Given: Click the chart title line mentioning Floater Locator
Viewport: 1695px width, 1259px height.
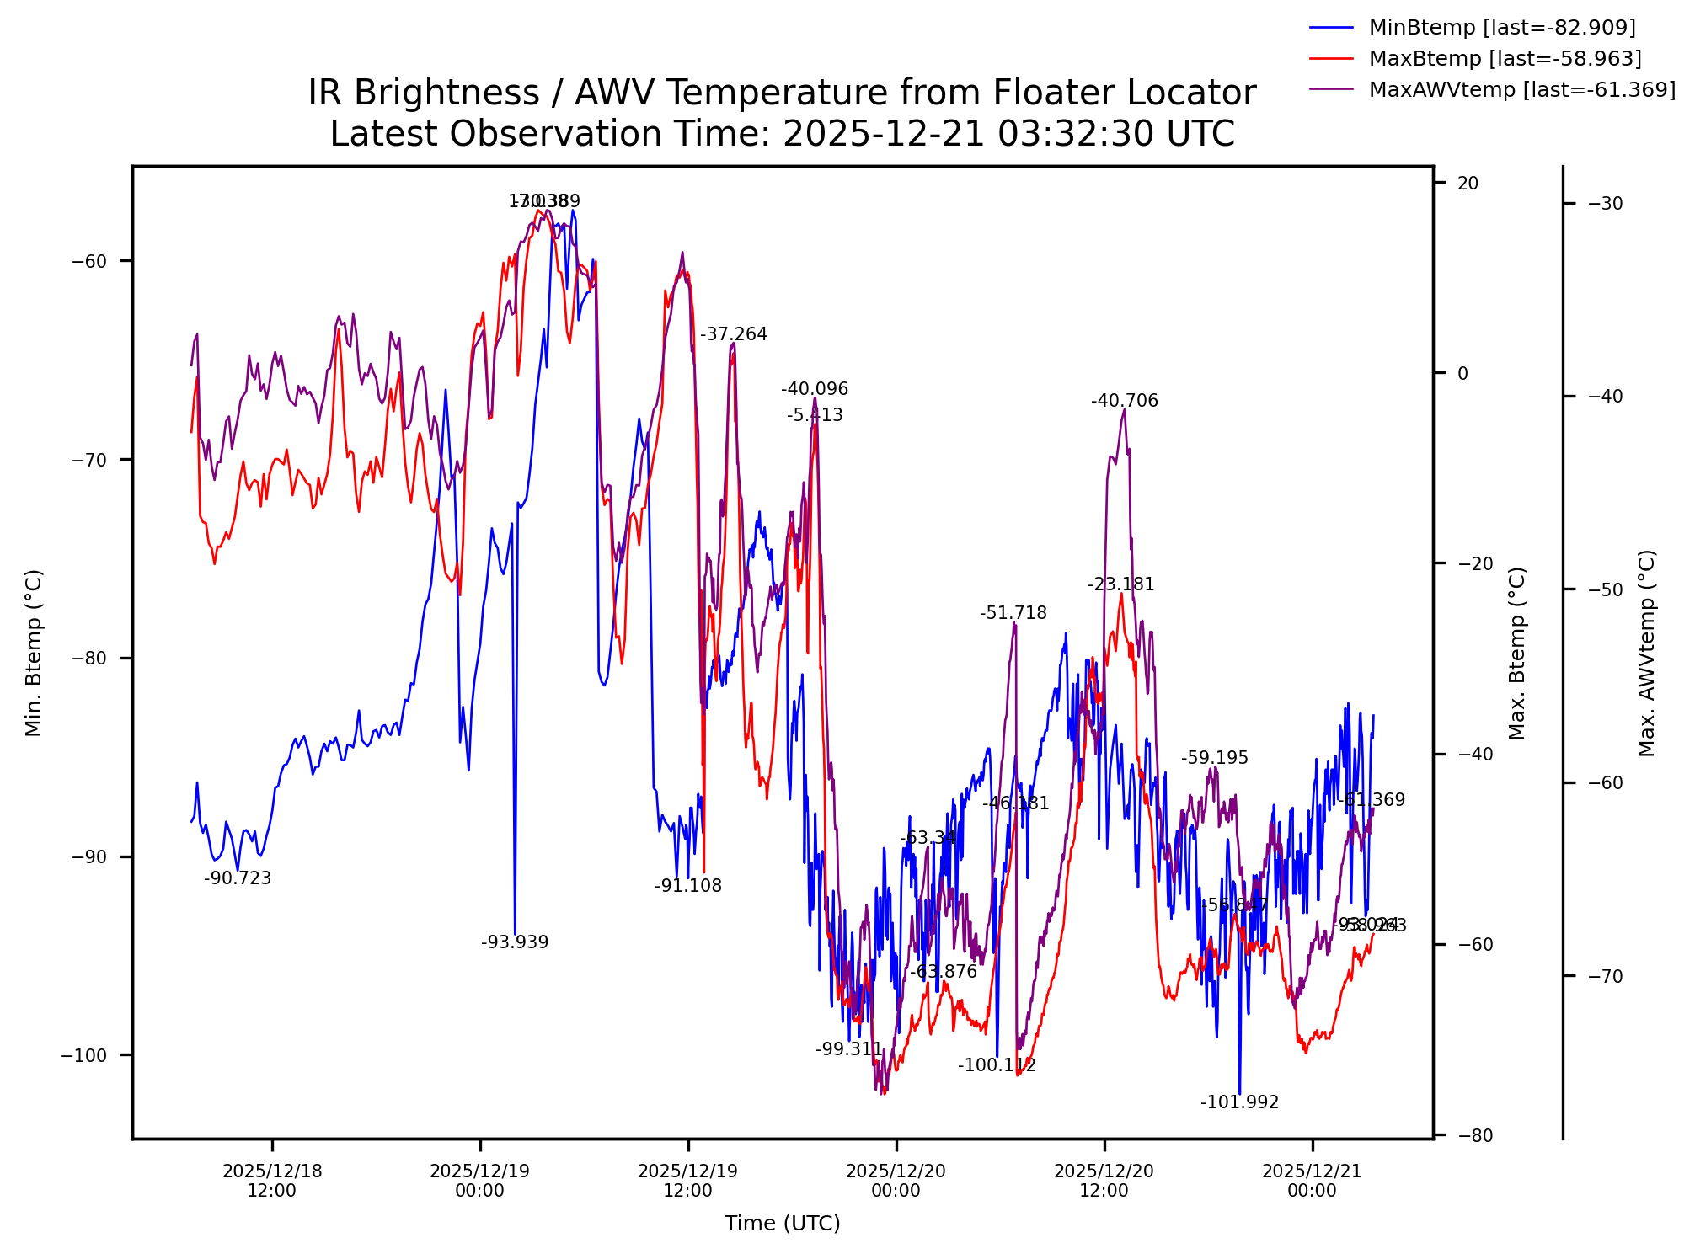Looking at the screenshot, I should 781,93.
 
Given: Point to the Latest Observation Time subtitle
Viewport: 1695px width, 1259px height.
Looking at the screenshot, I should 781,134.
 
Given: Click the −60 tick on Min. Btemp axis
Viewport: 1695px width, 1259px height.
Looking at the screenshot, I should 89,261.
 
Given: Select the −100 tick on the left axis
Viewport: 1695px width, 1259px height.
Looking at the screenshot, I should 84,1056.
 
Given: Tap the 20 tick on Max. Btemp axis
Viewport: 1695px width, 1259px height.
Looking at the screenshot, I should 1468,184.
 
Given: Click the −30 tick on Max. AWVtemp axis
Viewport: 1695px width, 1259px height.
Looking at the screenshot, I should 1605,204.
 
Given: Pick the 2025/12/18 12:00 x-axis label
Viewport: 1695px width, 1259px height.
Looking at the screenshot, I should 272,1181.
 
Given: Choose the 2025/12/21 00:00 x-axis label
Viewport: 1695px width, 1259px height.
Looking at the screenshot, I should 1312,1181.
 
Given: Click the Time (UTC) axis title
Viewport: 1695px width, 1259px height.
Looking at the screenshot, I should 782,1224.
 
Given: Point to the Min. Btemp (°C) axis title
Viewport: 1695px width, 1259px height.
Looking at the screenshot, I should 34,653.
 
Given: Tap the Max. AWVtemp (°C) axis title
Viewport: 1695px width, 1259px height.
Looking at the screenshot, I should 1647,653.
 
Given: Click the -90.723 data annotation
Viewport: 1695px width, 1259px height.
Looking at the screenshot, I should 238,879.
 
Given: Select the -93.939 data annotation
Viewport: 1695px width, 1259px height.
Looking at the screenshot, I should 515,943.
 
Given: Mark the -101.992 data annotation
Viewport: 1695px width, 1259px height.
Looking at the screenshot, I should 1239,1103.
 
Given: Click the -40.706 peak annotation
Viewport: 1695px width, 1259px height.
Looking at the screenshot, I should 1124,402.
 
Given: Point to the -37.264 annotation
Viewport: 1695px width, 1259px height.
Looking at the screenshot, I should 734,335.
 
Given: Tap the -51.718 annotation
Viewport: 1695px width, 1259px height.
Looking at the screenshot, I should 1013,614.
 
